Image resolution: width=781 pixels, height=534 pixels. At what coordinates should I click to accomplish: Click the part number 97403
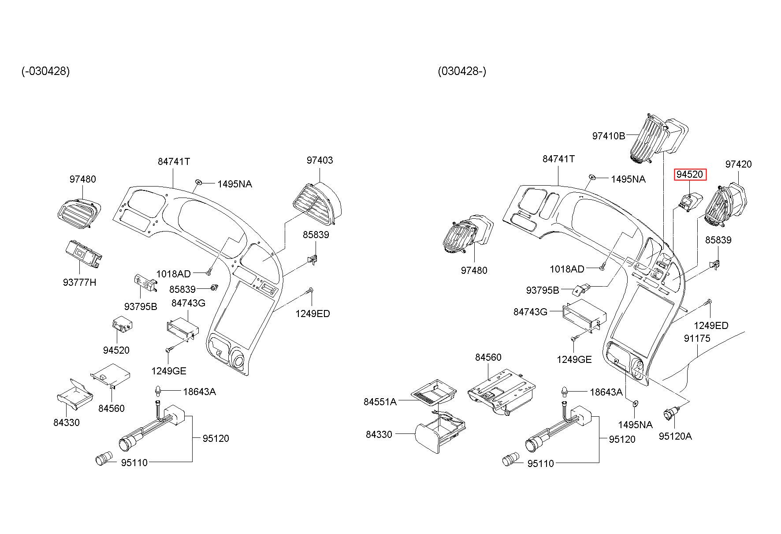(x=320, y=161)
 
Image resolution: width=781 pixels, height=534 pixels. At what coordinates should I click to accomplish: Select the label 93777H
(x=79, y=282)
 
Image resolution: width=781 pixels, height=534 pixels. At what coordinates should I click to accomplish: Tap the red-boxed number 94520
(x=690, y=175)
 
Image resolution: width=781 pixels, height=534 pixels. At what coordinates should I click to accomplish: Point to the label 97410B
(x=608, y=136)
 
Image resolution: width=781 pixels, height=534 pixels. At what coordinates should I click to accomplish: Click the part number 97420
(x=738, y=164)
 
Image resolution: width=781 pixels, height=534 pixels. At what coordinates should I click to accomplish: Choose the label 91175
(x=697, y=339)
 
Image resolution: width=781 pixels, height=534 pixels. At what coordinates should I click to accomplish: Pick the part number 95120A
(x=675, y=437)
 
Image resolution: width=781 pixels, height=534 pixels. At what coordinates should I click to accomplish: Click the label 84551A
(x=380, y=402)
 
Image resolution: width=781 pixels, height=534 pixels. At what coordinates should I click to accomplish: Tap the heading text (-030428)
(x=45, y=71)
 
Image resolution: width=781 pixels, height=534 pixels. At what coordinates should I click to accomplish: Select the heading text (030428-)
(x=462, y=71)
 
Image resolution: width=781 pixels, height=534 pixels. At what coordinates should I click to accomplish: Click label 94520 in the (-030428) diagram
(x=116, y=351)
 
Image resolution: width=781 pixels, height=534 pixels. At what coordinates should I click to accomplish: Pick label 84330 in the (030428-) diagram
(x=379, y=435)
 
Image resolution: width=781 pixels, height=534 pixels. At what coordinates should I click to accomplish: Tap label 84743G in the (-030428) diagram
(x=188, y=303)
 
